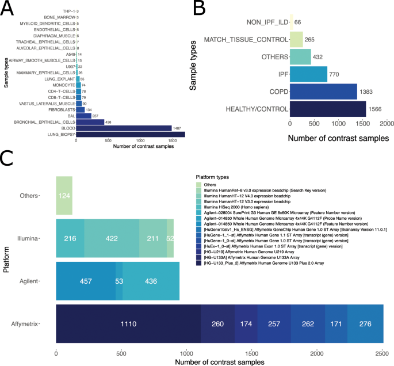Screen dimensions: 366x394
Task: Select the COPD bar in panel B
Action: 323,91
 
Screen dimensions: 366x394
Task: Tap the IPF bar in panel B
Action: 308,74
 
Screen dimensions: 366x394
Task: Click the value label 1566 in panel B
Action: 376,109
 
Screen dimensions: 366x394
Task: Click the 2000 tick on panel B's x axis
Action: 386,124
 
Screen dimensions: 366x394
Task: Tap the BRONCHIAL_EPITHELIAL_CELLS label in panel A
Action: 51,122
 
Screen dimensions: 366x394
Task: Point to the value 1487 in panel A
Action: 178,128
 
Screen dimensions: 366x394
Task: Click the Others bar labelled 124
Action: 64,196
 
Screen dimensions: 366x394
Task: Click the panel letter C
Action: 8,158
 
